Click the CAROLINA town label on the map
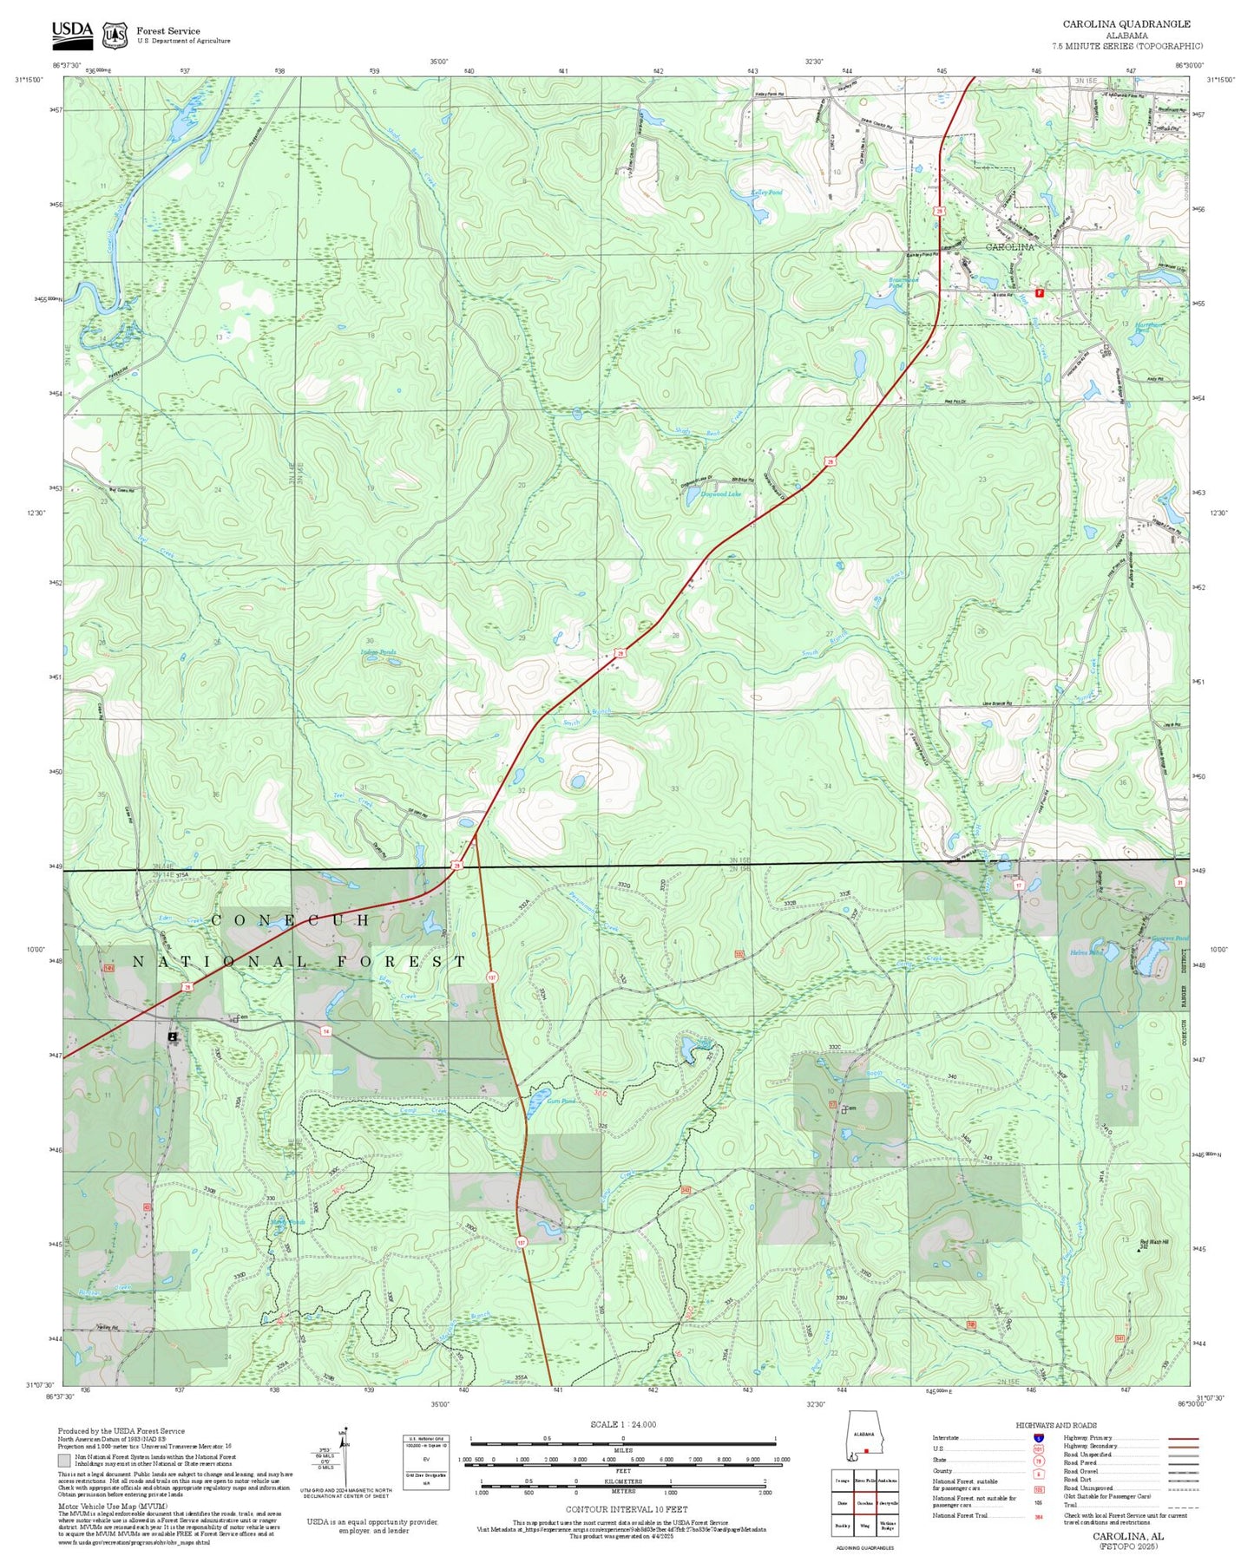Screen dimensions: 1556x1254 pos(1009,247)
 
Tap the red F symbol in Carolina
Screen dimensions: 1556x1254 pos(1039,293)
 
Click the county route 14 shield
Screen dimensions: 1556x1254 pos(326,1031)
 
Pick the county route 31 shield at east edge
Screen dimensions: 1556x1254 pos(1179,882)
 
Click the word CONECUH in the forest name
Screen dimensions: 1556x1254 pos(291,919)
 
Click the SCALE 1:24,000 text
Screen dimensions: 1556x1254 pos(622,1424)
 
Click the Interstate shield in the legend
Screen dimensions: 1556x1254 pos(1038,1438)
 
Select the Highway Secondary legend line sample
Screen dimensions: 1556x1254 pos(1183,1446)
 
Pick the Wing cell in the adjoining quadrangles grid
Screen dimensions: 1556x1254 pos(864,1526)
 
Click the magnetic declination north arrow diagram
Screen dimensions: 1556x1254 pos(345,1457)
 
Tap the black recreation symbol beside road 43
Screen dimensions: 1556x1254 pos(173,1036)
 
